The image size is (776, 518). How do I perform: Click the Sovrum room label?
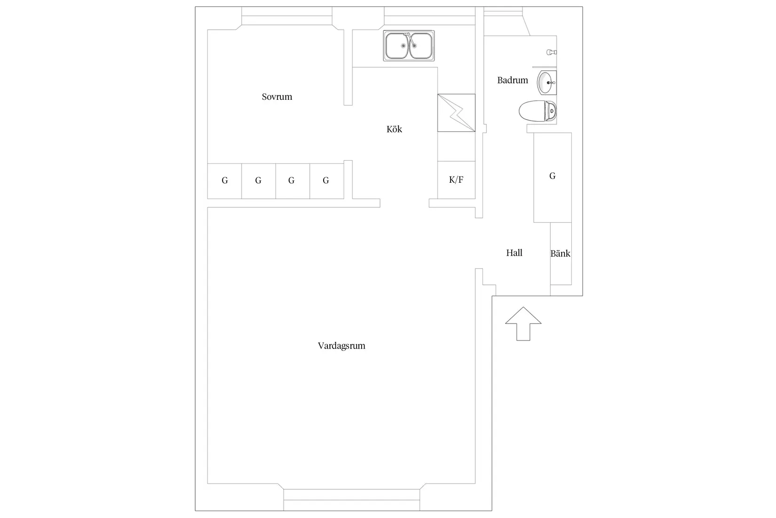click(277, 97)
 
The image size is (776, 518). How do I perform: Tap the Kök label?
click(394, 129)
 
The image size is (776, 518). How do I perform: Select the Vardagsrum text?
click(341, 346)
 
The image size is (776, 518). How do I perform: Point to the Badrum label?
click(512, 80)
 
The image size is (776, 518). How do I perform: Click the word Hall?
click(514, 253)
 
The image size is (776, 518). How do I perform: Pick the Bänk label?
click(560, 253)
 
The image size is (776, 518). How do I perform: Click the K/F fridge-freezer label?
click(456, 180)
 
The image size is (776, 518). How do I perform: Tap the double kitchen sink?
click(409, 46)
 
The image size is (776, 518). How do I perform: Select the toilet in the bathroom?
click(538, 111)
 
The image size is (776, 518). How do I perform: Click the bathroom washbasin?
click(546, 82)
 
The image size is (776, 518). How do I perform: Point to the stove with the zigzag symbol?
click(456, 113)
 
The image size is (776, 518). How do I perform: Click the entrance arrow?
click(523, 324)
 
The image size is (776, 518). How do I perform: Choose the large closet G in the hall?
click(553, 177)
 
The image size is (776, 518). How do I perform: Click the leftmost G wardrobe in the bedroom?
click(224, 181)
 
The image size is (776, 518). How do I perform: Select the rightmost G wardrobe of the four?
click(327, 181)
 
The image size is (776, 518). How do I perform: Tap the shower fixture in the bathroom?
click(551, 52)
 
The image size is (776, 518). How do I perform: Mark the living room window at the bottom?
click(352, 500)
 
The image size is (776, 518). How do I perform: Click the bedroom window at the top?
click(287, 16)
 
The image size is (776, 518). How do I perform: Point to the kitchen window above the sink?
click(429, 16)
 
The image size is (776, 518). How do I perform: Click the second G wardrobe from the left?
click(259, 181)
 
